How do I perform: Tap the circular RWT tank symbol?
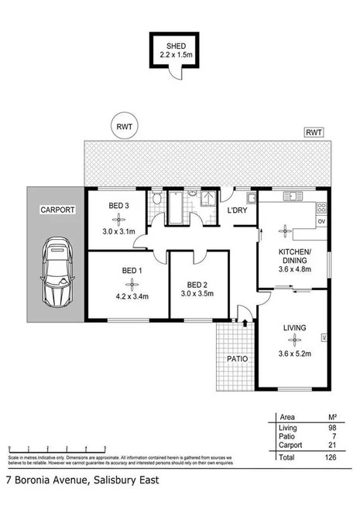click(123, 127)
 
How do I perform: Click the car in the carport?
click(56, 270)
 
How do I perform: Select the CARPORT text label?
click(56, 210)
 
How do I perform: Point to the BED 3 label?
click(118, 205)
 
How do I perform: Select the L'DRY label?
click(235, 210)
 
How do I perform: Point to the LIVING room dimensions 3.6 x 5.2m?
click(294, 353)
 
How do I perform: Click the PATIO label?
click(236, 360)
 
